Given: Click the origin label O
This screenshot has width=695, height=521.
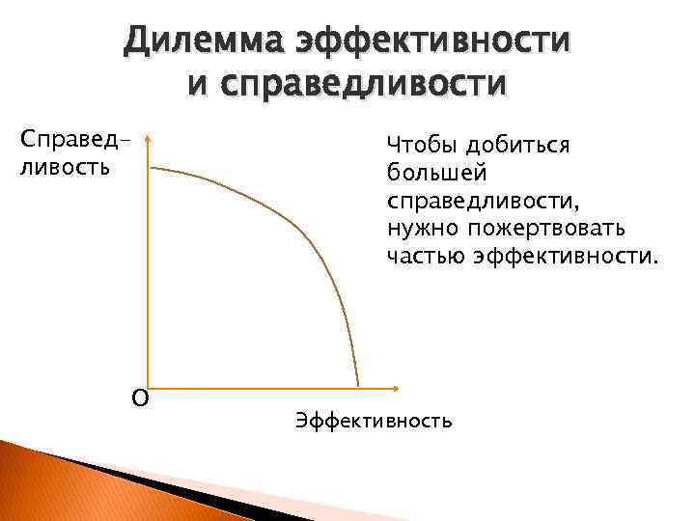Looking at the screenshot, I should pos(140,398).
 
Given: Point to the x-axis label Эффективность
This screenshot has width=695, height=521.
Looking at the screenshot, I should pos(374,422).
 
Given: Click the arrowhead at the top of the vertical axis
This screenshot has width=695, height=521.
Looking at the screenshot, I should pos(149,141).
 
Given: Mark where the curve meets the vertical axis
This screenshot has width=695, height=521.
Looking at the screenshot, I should pos(151,168).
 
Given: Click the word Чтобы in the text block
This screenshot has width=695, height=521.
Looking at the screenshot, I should pos(421,146).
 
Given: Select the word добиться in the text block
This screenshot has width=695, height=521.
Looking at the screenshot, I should pos(517,146).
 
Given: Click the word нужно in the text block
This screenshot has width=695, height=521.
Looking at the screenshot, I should pos(422,230).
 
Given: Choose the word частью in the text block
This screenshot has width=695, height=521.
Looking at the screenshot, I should pos(426,258).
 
